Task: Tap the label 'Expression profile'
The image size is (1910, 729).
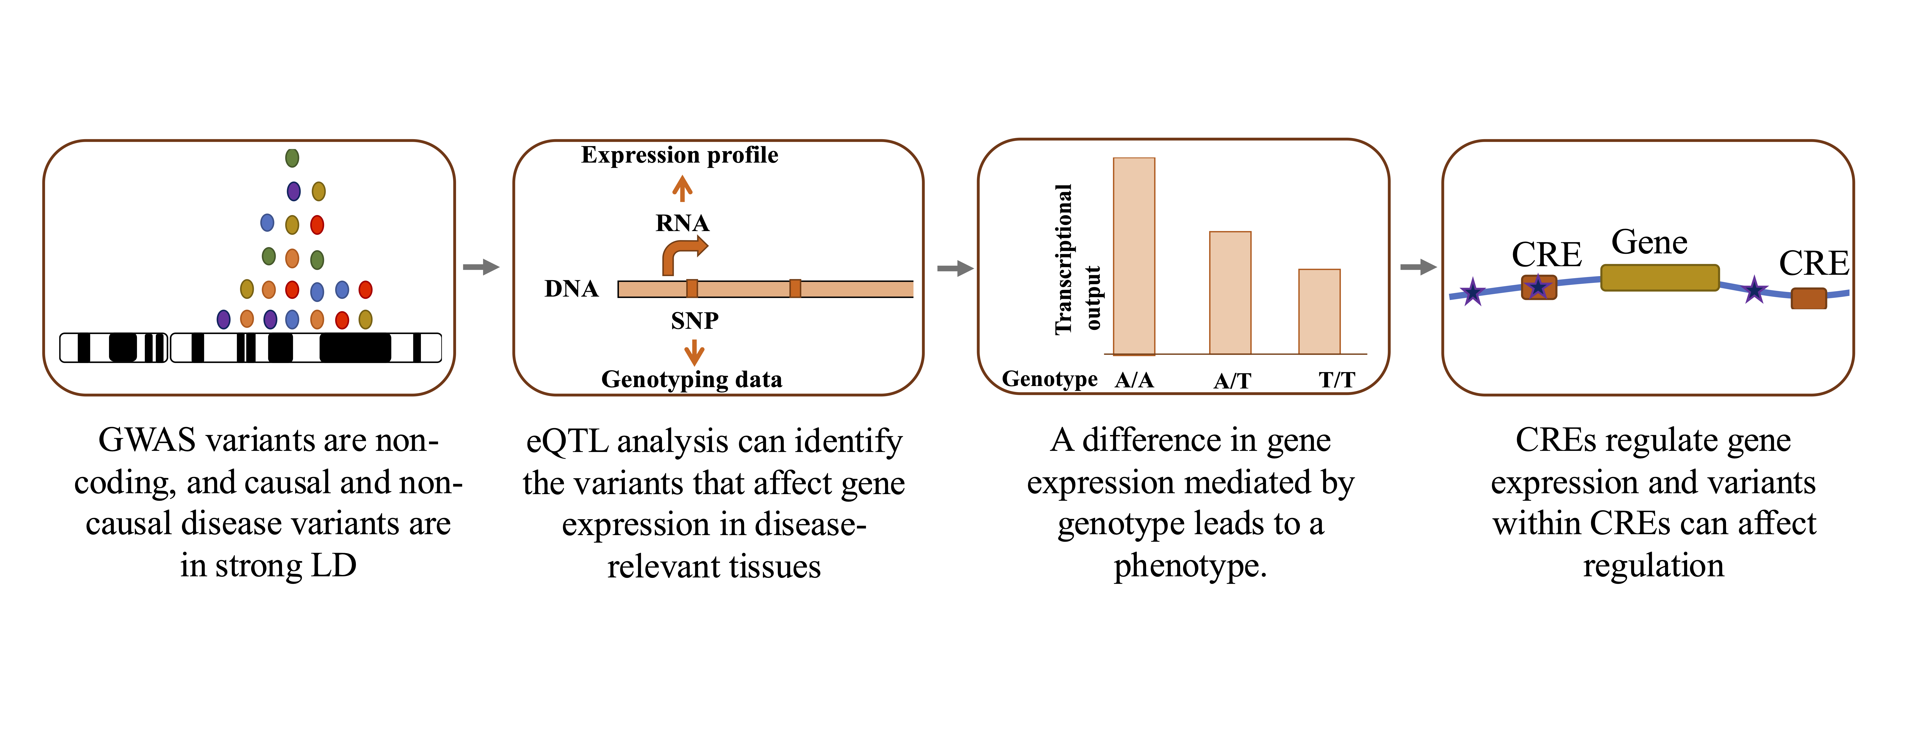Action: [x=679, y=155]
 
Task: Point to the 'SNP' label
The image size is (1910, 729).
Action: [x=694, y=320]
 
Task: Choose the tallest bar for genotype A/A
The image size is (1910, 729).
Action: [x=1134, y=256]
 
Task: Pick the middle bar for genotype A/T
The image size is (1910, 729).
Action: [x=1230, y=293]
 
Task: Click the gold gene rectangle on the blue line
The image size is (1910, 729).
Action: [x=1659, y=277]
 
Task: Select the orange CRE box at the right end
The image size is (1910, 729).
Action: [x=1808, y=298]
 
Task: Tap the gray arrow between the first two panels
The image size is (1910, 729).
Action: [x=481, y=267]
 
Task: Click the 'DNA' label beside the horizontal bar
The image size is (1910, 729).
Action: [x=571, y=288]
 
